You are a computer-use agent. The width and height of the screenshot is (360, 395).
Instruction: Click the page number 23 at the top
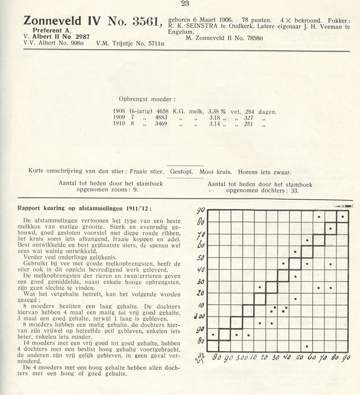coord(184,4)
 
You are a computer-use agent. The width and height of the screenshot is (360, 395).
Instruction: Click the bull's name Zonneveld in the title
coord(52,21)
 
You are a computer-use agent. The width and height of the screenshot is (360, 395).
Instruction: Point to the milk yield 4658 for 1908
coord(160,112)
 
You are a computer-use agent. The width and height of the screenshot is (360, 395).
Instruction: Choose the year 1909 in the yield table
coord(119,118)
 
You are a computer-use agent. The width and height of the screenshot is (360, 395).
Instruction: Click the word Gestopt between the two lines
coord(183,172)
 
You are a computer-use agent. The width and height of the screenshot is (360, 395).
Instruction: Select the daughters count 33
coord(293,191)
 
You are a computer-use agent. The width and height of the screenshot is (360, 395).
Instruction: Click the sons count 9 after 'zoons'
coord(136,190)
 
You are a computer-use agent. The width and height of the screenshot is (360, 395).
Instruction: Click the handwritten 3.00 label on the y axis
coord(200,316)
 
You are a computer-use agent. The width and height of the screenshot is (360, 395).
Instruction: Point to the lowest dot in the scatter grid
coord(307,346)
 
